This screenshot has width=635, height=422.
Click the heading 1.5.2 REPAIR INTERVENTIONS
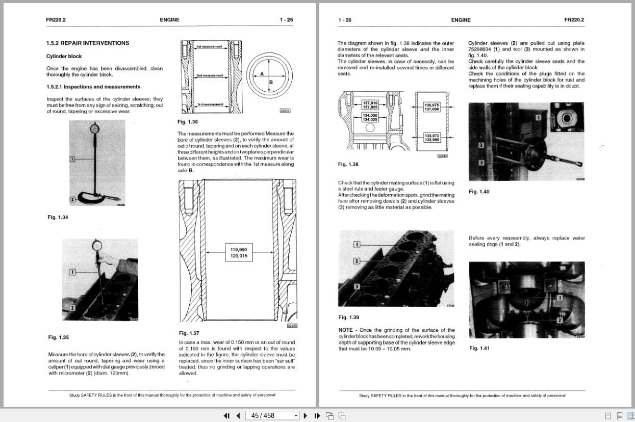pyautogui.click(x=87, y=43)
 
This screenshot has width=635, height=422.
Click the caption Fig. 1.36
pyautogui.click(x=188, y=122)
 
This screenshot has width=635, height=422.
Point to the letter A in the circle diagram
pyautogui.click(x=262, y=74)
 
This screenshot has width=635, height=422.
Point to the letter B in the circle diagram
pyautogui.click(x=271, y=82)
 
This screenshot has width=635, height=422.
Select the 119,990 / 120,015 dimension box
pyautogui.click(x=239, y=253)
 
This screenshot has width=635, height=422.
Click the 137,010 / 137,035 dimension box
pyautogui.click(x=370, y=105)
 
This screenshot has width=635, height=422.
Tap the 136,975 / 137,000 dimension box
pyautogui.click(x=431, y=107)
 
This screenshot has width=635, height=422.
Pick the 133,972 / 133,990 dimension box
pyautogui.click(x=431, y=138)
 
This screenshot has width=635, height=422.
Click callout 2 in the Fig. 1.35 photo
pyautogui.click(x=72, y=308)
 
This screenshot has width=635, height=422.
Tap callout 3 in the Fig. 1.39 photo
pyautogui.click(x=357, y=286)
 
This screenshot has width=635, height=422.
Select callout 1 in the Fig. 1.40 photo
pyautogui.click(x=538, y=118)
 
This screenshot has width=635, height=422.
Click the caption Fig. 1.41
pyautogui.click(x=479, y=348)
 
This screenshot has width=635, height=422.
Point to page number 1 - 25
pyautogui.click(x=286, y=20)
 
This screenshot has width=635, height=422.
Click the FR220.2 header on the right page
pyautogui.click(x=574, y=20)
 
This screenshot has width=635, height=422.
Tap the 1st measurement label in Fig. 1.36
pyautogui.click(x=209, y=46)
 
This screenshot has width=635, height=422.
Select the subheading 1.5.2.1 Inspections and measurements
pyautogui.click(x=93, y=87)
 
